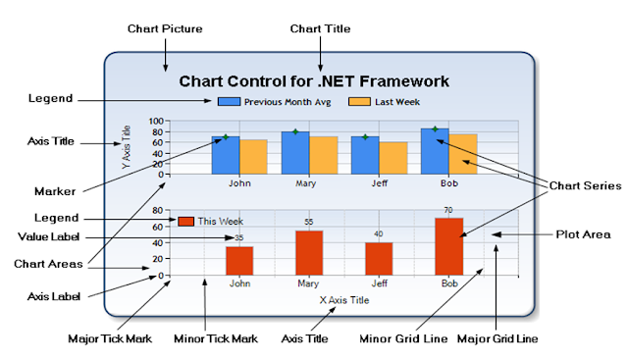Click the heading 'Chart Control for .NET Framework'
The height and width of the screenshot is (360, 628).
(315, 81)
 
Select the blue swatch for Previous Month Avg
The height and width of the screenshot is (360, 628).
(229, 101)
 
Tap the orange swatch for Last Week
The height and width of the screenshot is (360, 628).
(359, 101)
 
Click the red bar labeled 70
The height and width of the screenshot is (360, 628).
(448, 246)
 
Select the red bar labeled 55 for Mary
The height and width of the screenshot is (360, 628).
(309, 252)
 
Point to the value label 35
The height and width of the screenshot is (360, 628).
(238, 237)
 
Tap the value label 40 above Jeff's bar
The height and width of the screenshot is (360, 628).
(379, 233)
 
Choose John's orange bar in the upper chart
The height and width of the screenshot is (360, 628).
(253, 157)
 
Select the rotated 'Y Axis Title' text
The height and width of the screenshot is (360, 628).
(125, 147)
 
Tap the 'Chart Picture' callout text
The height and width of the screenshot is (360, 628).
(165, 28)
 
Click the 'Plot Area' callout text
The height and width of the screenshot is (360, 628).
(584, 234)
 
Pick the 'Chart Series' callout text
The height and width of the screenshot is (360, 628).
(584, 184)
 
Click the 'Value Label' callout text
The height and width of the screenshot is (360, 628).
(49, 236)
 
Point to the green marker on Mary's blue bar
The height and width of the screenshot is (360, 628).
(294, 131)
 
